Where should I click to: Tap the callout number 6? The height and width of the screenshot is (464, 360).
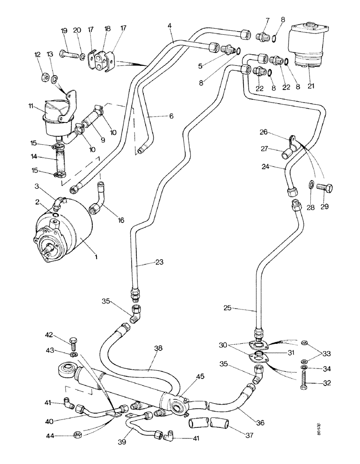pos(171,116)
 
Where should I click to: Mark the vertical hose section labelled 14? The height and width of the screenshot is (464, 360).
pos(59,160)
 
